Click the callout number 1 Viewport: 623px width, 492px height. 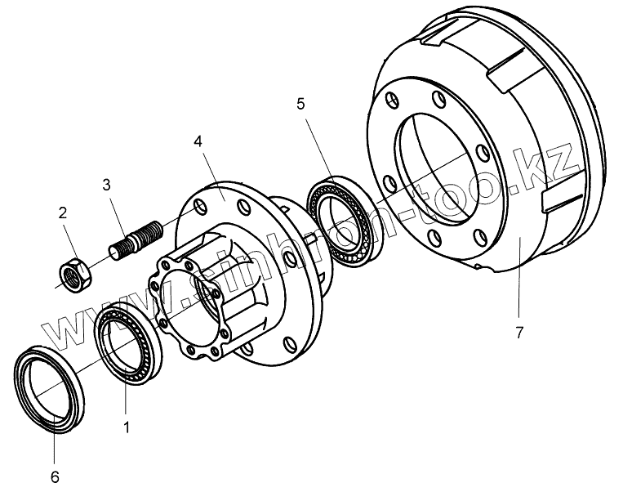pos(125,426)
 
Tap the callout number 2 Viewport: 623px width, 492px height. pos(62,213)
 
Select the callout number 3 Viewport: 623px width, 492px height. pos(106,183)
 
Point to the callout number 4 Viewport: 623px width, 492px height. pos(198,141)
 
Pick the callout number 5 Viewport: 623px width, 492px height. pos(300,104)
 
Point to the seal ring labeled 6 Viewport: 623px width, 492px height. pos(48,383)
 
